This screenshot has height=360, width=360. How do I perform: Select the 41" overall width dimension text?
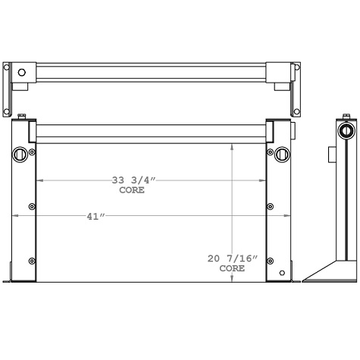[95, 217]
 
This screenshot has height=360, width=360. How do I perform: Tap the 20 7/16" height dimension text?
[233, 258]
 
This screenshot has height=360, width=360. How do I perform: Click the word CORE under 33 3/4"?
[133, 190]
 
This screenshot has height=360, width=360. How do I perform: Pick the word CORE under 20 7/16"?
[232, 268]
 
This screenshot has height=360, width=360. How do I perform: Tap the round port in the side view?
[346, 130]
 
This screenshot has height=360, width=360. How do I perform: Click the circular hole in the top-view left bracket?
[21, 73]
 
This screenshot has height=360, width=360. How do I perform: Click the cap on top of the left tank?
[22, 116]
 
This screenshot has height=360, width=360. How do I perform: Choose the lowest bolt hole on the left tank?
[31, 261]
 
